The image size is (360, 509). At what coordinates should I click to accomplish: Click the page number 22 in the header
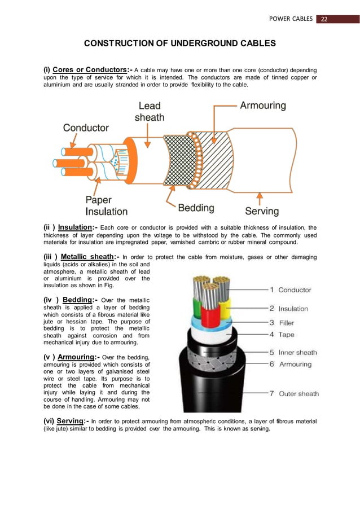click(324, 19)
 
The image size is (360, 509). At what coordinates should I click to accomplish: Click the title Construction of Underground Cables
click(180, 43)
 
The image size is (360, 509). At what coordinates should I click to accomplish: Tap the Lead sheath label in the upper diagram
click(149, 111)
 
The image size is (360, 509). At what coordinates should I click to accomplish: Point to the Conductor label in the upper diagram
click(86, 128)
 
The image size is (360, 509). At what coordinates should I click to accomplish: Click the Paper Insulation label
click(106, 205)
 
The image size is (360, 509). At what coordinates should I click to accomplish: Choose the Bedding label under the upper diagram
click(196, 208)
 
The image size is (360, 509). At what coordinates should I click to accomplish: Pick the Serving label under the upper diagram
click(261, 210)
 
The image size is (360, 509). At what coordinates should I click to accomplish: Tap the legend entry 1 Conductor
click(290, 289)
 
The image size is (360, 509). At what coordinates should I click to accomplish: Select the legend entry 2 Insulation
click(288, 309)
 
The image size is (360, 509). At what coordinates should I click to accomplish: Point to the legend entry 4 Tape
click(281, 335)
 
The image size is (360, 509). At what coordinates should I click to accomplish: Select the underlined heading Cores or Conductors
click(93, 70)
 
